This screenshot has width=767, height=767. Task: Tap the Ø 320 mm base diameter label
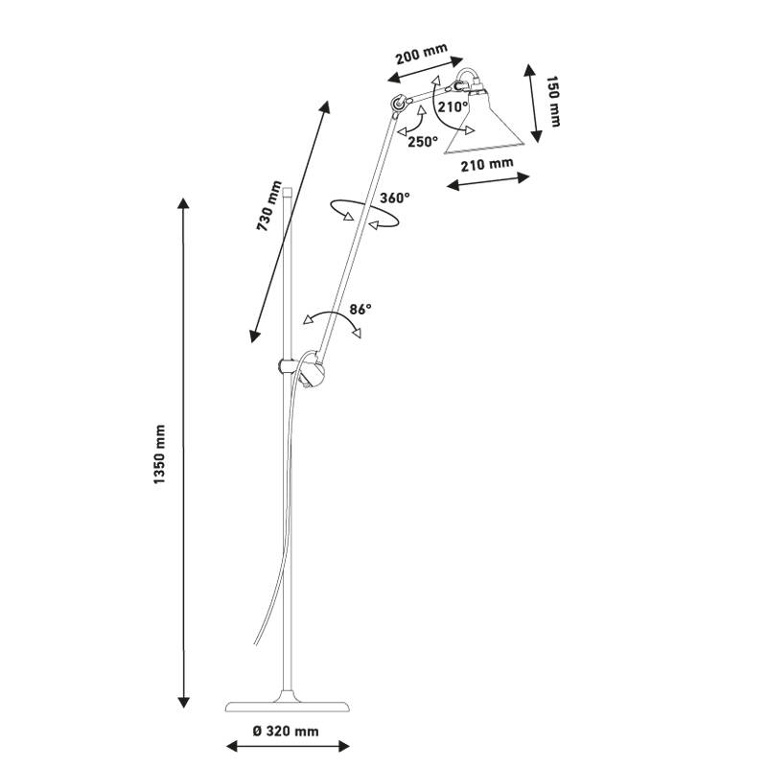click(x=286, y=732)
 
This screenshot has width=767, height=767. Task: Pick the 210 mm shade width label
click(x=487, y=164)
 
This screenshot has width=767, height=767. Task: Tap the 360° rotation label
click(x=394, y=198)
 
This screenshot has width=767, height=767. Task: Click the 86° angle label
click(x=360, y=309)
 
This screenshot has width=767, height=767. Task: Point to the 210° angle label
click(x=452, y=106)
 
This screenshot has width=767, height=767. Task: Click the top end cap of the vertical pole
click(x=289, y=184)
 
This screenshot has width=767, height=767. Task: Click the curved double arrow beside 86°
click(x=331, y=324)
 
